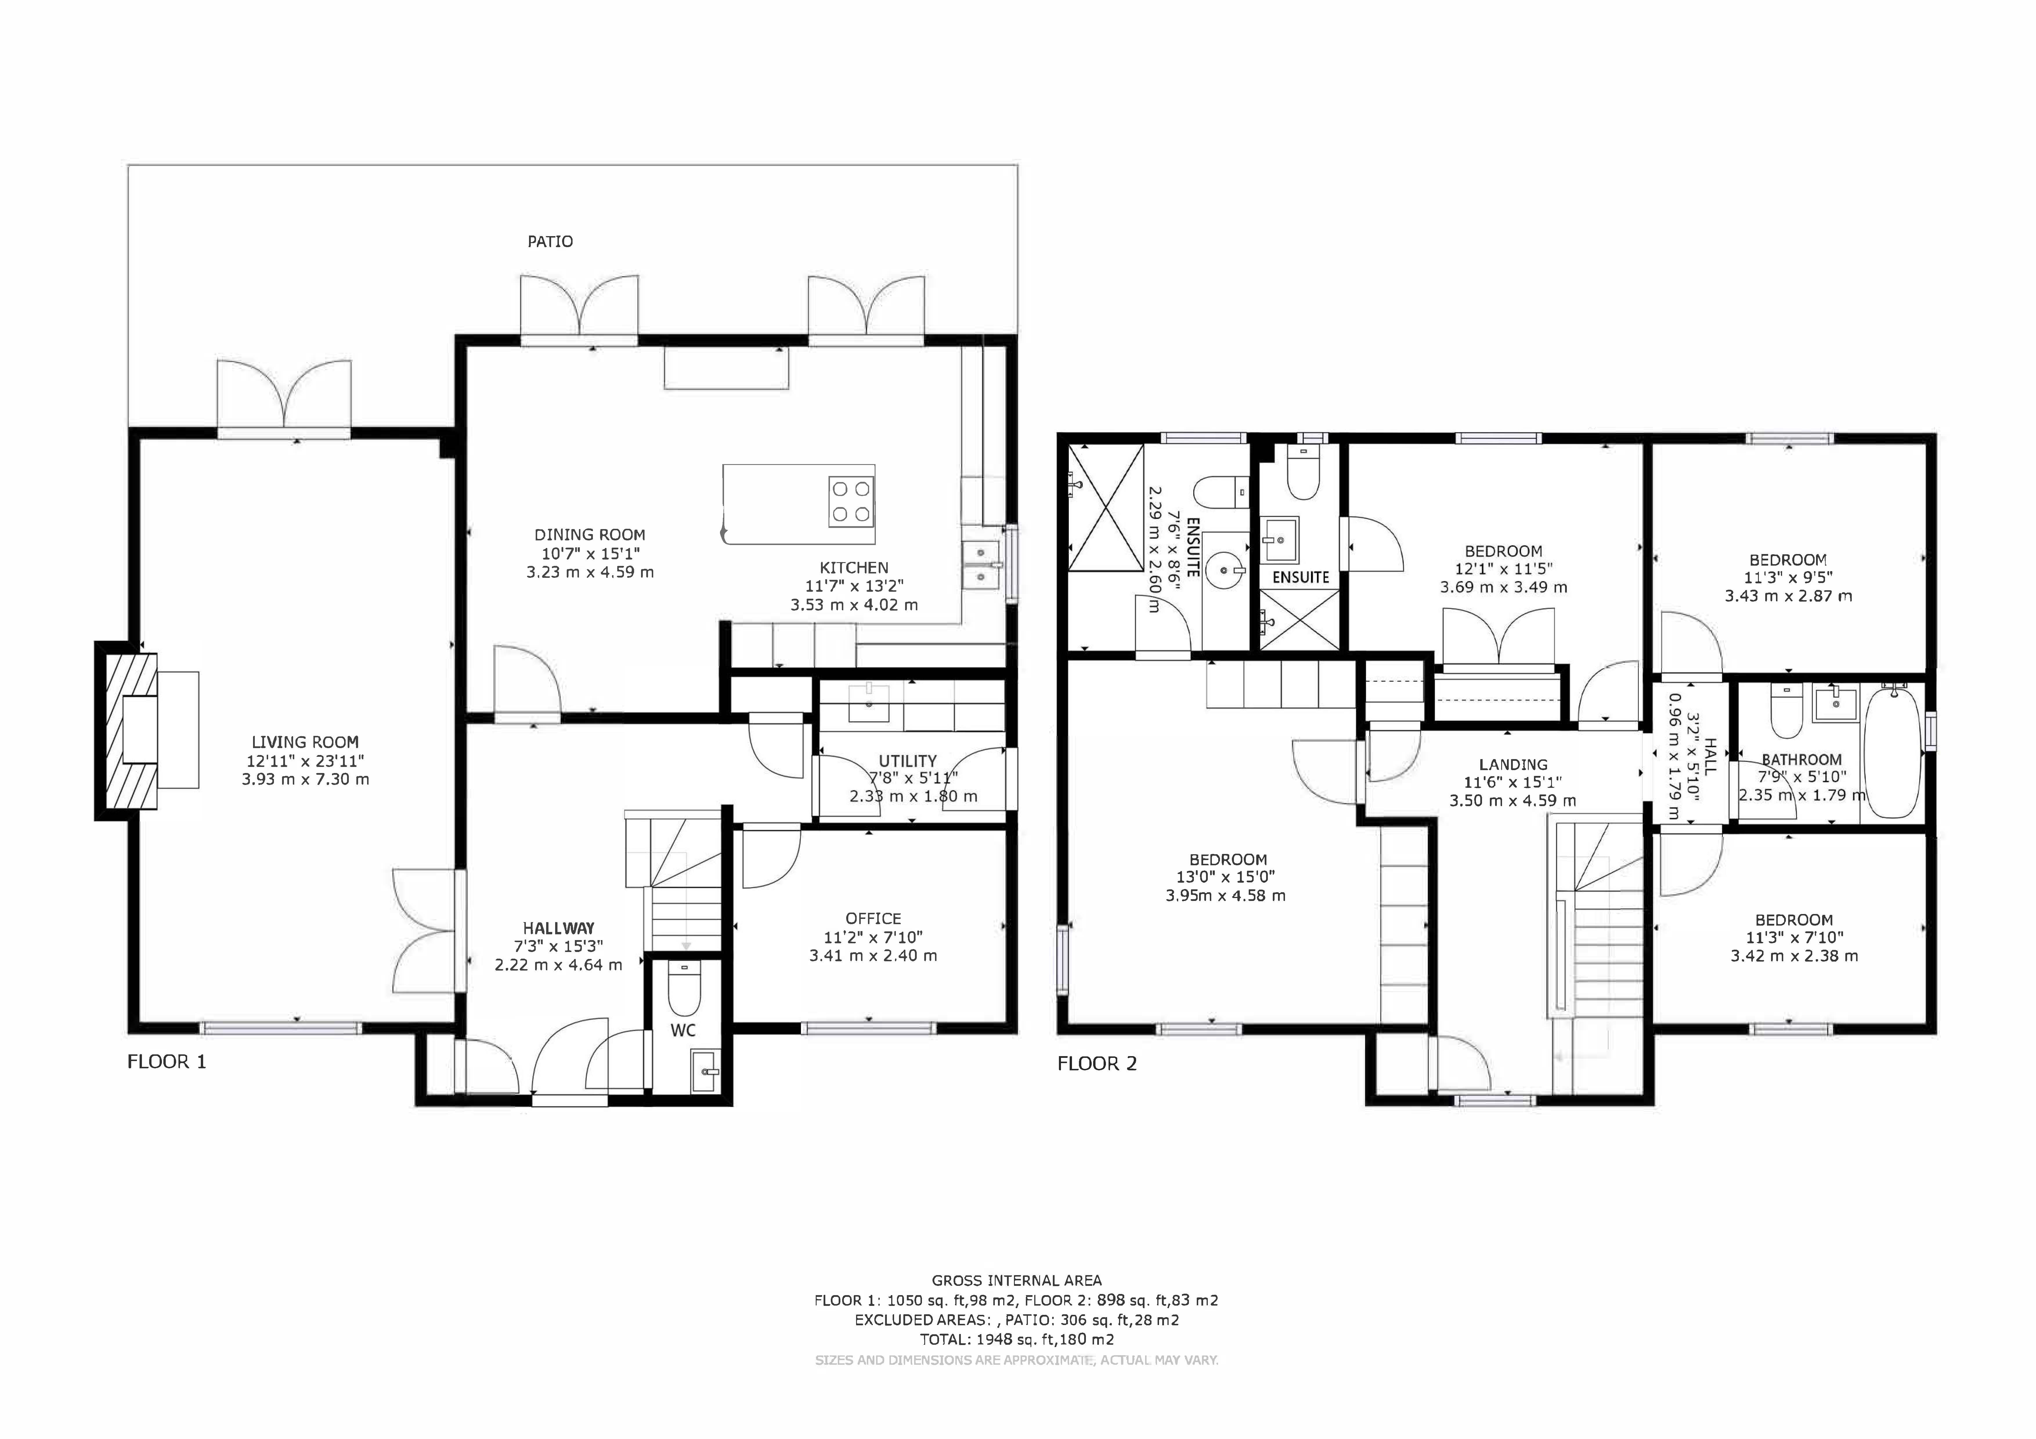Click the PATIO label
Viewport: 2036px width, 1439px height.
(550, 241)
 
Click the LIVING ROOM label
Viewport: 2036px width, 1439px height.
(305, 742)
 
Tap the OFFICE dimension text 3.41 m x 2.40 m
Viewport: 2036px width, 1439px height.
(873, 956)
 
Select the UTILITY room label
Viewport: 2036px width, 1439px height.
(907, 761)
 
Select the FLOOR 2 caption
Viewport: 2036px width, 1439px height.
(1097, 1064)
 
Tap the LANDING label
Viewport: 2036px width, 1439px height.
(1513, 764)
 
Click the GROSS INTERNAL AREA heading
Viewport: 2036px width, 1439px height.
(1016, 1280)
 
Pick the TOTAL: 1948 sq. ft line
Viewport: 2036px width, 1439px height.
(1016, 1340)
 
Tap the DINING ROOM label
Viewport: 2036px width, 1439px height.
(590, 535)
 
